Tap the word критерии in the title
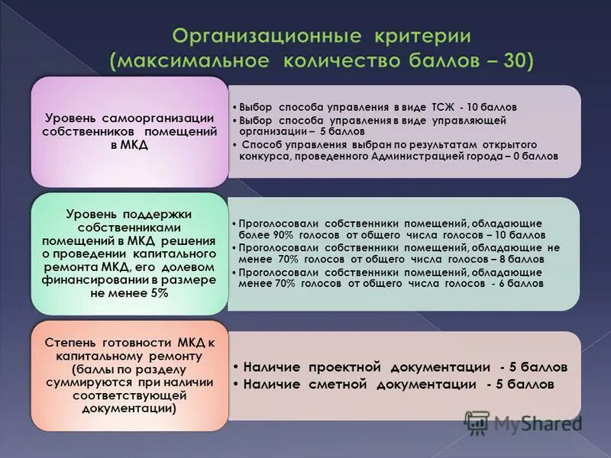coord(422,36)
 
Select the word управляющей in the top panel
coord(468,120)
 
